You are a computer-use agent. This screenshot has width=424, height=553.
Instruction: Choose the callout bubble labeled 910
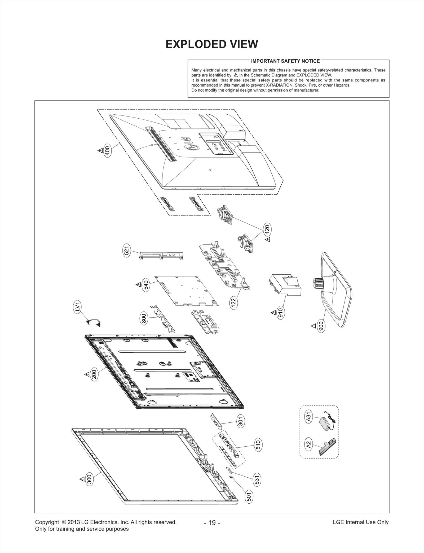[281, 313]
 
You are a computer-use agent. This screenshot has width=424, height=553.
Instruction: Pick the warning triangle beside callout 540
[138, 285]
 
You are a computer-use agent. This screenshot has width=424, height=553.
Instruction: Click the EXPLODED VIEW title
[211, 44]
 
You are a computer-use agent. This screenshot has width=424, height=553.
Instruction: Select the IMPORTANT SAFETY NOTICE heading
[285, 61]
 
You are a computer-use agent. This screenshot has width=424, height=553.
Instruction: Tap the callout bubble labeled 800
[144, 319]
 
